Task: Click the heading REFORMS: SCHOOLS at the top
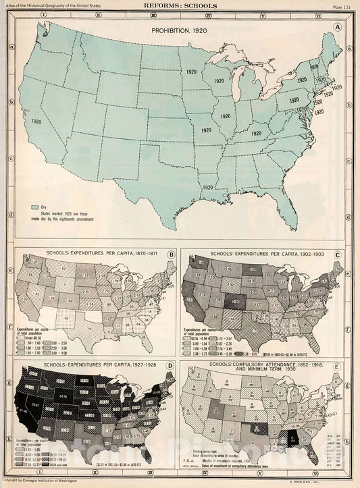coord(180,5)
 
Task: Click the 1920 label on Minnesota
coord(191,71)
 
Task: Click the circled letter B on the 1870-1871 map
coord(172,254)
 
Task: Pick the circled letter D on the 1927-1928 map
coord(172,367)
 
